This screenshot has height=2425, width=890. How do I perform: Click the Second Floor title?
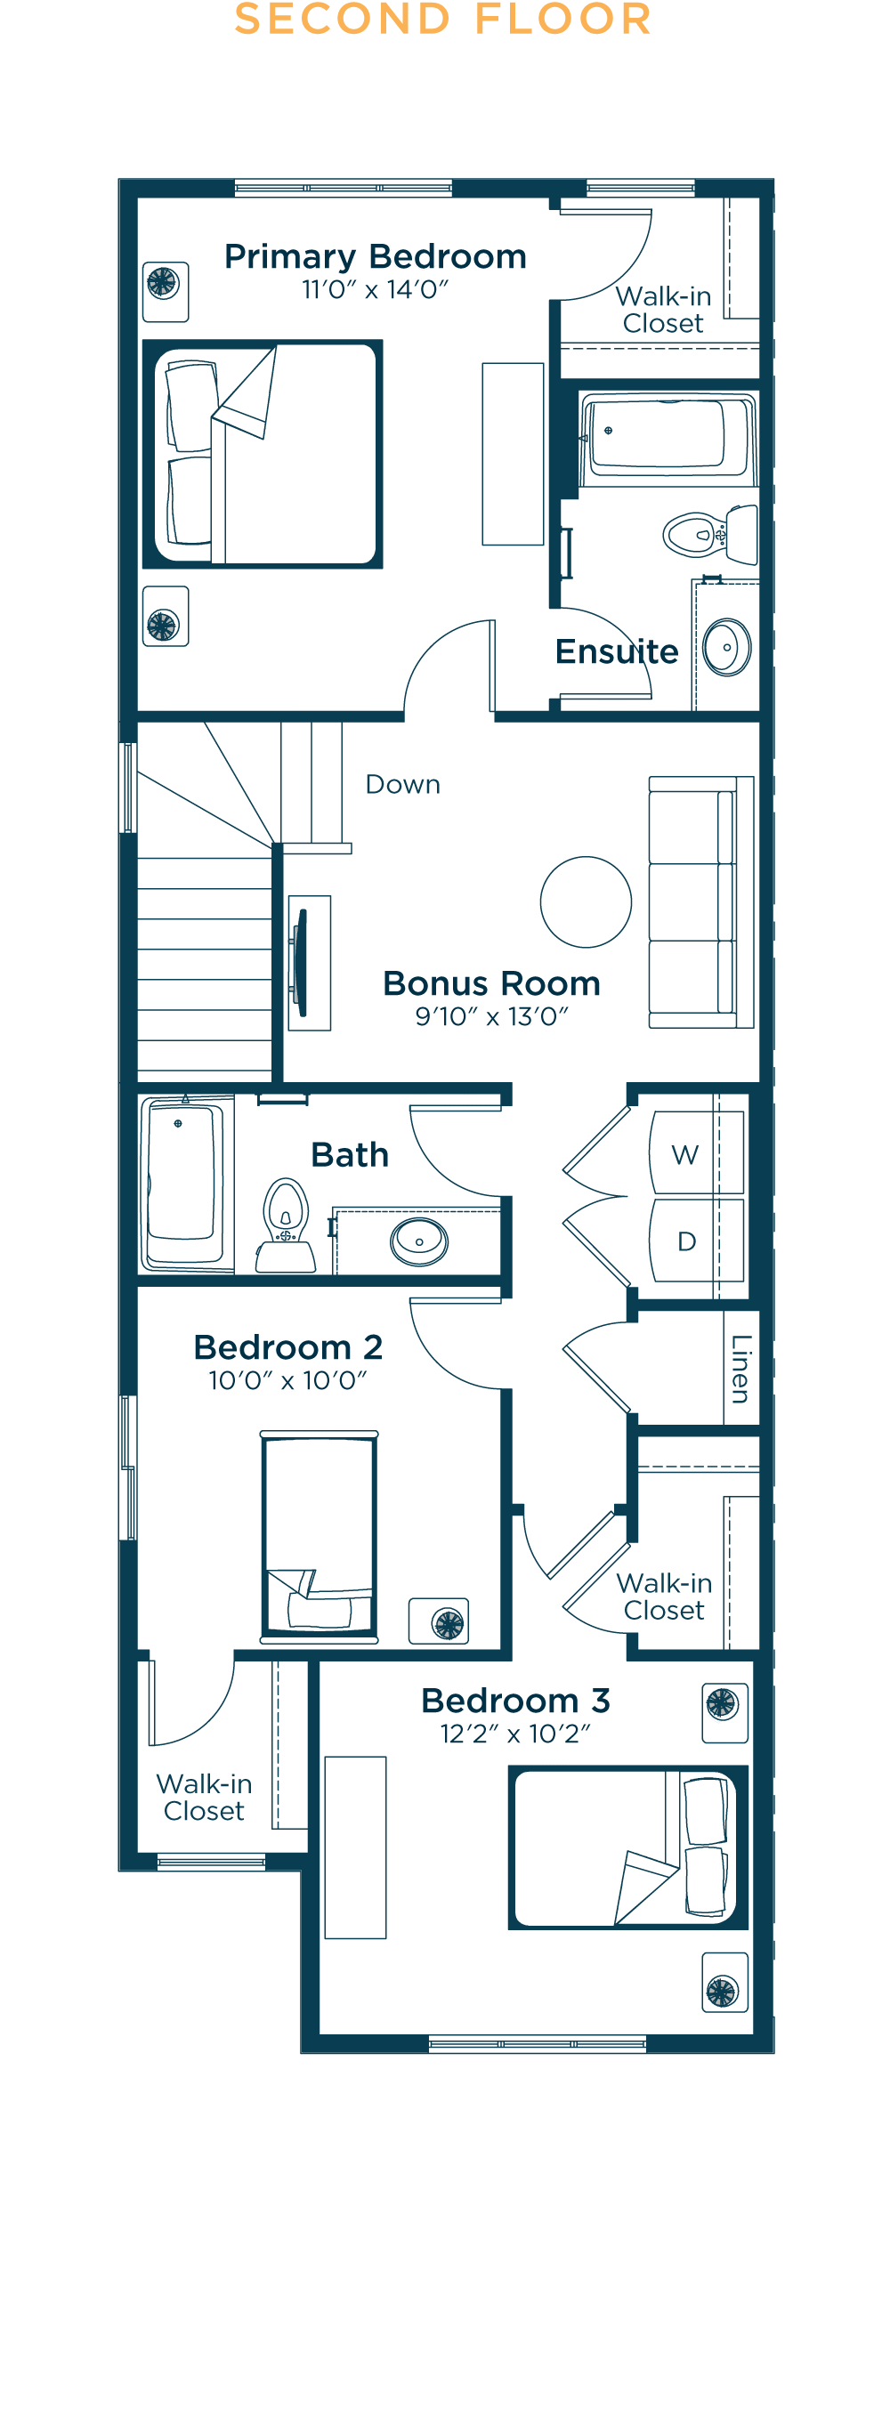coord(442,19)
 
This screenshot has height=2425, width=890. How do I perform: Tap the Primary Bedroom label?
coord(375,256)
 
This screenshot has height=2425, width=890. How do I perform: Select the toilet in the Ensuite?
coord(711,534)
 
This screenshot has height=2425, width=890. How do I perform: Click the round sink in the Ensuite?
coord(726,647)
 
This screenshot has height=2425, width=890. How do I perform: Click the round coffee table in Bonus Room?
coord(586,901)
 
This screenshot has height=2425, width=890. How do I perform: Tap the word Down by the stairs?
coord(403,784)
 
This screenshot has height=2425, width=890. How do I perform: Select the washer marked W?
coord(696,1153)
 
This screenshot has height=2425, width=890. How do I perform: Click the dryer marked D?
coord(696,1240)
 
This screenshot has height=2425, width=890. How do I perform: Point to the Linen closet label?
coord(742,1369)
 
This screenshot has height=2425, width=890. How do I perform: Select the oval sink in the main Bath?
coord(419,1242)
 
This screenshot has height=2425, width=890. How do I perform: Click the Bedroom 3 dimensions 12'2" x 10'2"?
coord(515,1733)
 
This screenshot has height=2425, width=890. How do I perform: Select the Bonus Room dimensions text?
coord(492,1015)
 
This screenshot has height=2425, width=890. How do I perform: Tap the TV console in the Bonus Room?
coord(309,963)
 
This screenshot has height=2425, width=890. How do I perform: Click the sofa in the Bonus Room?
coord(701,901)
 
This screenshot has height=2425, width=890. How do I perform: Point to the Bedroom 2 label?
coord(288,1347)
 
